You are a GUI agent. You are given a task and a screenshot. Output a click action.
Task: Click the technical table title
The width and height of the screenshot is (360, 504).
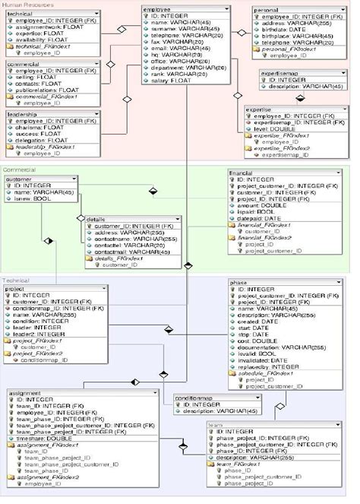tap(21, 14)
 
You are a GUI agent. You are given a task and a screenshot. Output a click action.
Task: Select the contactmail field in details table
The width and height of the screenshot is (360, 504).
tap(128, 251)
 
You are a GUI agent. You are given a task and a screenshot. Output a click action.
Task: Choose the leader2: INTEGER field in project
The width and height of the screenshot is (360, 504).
tap(43, 334)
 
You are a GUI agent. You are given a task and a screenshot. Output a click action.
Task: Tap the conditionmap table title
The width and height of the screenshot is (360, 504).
tap(194, 397)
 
